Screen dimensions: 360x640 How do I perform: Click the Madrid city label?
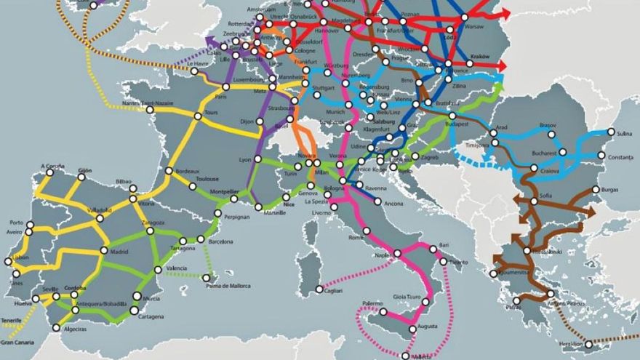(119, 252)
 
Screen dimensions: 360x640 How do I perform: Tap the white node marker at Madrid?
(104, 250)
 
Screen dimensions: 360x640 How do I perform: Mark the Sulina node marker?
(611, 132)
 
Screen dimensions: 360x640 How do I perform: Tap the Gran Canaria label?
(17, 342)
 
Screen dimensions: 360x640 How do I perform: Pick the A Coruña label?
(52, 166)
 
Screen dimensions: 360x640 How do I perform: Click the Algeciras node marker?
(57, 327)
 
